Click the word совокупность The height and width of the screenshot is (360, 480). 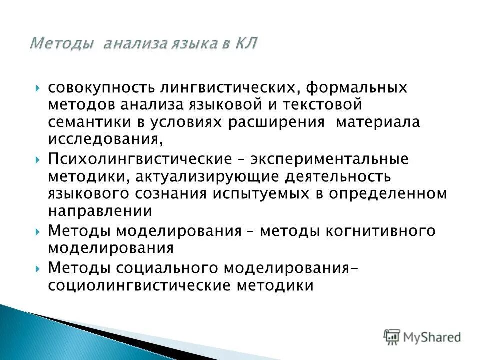click(x=102, y=88)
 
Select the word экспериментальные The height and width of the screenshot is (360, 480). click(x=327, y=160)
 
